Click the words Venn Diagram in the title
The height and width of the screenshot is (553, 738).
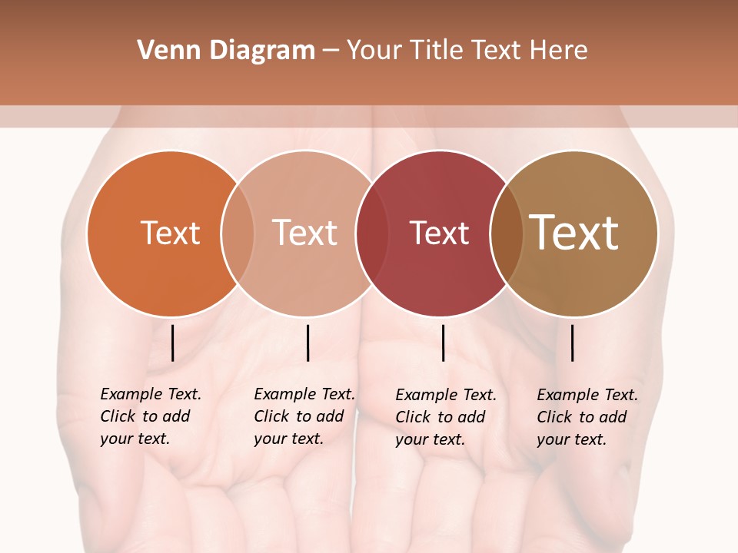tap(226, 51)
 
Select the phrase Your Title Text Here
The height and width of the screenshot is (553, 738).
tap(467, 51)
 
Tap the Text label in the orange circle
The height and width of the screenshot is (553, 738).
tap(170, 233)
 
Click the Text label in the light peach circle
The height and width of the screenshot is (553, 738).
tap(304, 233)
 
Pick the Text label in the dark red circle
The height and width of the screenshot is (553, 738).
tap(439, 233)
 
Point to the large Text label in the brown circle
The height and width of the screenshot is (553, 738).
tap(573, 233)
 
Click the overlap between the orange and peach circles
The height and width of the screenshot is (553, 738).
tap(238, 233)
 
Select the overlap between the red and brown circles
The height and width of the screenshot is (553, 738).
tap(506, 233)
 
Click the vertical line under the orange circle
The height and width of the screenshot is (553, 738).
tap(172, 343)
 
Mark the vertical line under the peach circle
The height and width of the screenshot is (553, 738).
tap(307, 343)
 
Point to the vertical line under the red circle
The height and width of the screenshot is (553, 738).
tap(443, 343)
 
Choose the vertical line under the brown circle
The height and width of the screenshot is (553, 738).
tap(572, 343)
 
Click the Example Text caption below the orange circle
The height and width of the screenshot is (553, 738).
tap(150, 416)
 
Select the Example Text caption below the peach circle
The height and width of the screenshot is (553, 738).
tap(304, 416)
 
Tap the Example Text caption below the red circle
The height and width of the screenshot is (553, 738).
tap(445, 417)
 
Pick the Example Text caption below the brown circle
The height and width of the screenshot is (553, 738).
tap(587, 417)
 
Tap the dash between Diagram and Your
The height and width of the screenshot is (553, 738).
tap(330, 51)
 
